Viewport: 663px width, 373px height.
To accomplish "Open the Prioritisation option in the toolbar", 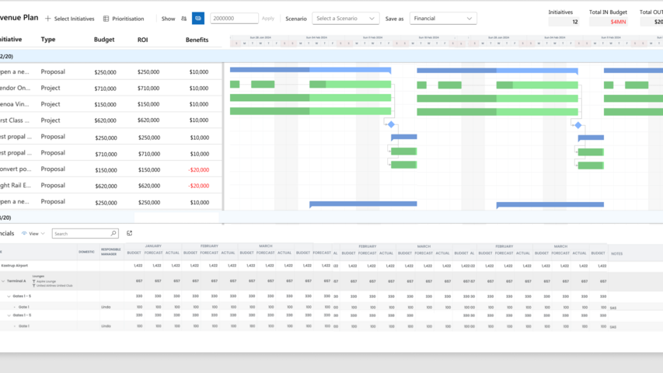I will pyautogui.click(x=124, y=19).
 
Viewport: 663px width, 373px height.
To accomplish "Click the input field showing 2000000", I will pyautogui.click(x=234, y=18).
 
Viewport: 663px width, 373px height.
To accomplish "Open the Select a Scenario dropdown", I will pyautogui.click(x=345, y=18).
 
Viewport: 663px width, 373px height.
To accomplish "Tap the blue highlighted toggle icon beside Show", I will pyautogui.click(x=198, y=18).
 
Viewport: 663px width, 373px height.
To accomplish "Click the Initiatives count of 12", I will pyautogui.click(x=574, y=22).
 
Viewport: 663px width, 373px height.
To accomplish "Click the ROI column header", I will pyautogui.click(x=142, y=40).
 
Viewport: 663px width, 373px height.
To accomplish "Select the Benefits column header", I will pyautogui.click(x=197, y=40).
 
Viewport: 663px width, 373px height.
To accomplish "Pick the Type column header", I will pyautogui.click(x=48, y=40).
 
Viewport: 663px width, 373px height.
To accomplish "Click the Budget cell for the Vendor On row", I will pyautogui.click(x=105, y=88).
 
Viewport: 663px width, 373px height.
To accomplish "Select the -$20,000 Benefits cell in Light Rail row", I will pyautogui.click(x=199, y=186).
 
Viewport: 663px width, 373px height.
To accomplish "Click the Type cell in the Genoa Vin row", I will pyautogui.click(x=51, y=104).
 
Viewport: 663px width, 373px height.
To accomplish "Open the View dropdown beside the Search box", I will pyautogui.click(x=34, y=233).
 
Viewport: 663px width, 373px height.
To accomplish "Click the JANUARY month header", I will pyautogui.click(x=153, y=246).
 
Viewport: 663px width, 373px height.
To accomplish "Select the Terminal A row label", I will pyautogui.click(x=16, y=281).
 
